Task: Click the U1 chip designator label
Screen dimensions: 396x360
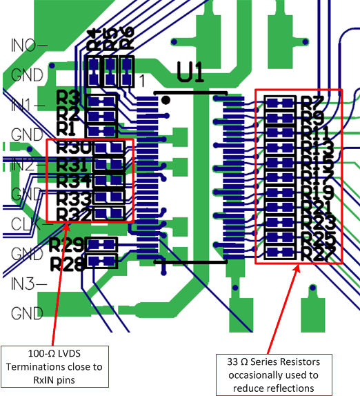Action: point(191,72)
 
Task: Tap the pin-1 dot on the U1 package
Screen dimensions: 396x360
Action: point(166,100)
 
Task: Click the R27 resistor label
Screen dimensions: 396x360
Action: point(319,253)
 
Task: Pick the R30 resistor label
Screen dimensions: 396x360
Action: point(74,148)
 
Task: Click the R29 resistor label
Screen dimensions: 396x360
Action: point(68,244)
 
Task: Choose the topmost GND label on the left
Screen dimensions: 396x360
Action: point(28,75)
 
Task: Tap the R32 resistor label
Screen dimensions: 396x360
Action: point(74,215)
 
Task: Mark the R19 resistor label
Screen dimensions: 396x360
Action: point(319,192)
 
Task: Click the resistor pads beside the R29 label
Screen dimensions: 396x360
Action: point(103,244)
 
